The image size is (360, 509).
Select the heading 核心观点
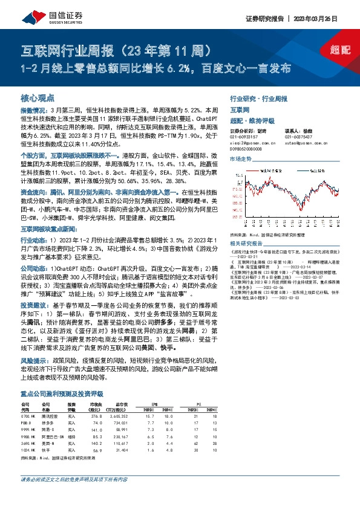38,97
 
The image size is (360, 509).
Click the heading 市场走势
241,158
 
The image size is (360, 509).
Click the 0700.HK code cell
30,416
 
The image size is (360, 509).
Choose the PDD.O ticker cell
28,423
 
